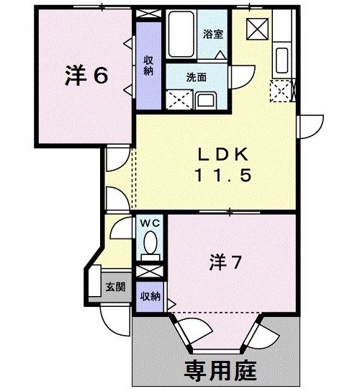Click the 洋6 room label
pos(86,76)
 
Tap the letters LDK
pos(223,154)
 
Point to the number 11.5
pos(223,175)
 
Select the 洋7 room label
pos(225,260)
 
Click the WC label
pos(150,223)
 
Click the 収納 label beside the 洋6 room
pos(148,66)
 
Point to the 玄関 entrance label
pos(115,286)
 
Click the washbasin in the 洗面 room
pos(204,98)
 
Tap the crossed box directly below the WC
pos(150,272)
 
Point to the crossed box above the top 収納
pos(149,14)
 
